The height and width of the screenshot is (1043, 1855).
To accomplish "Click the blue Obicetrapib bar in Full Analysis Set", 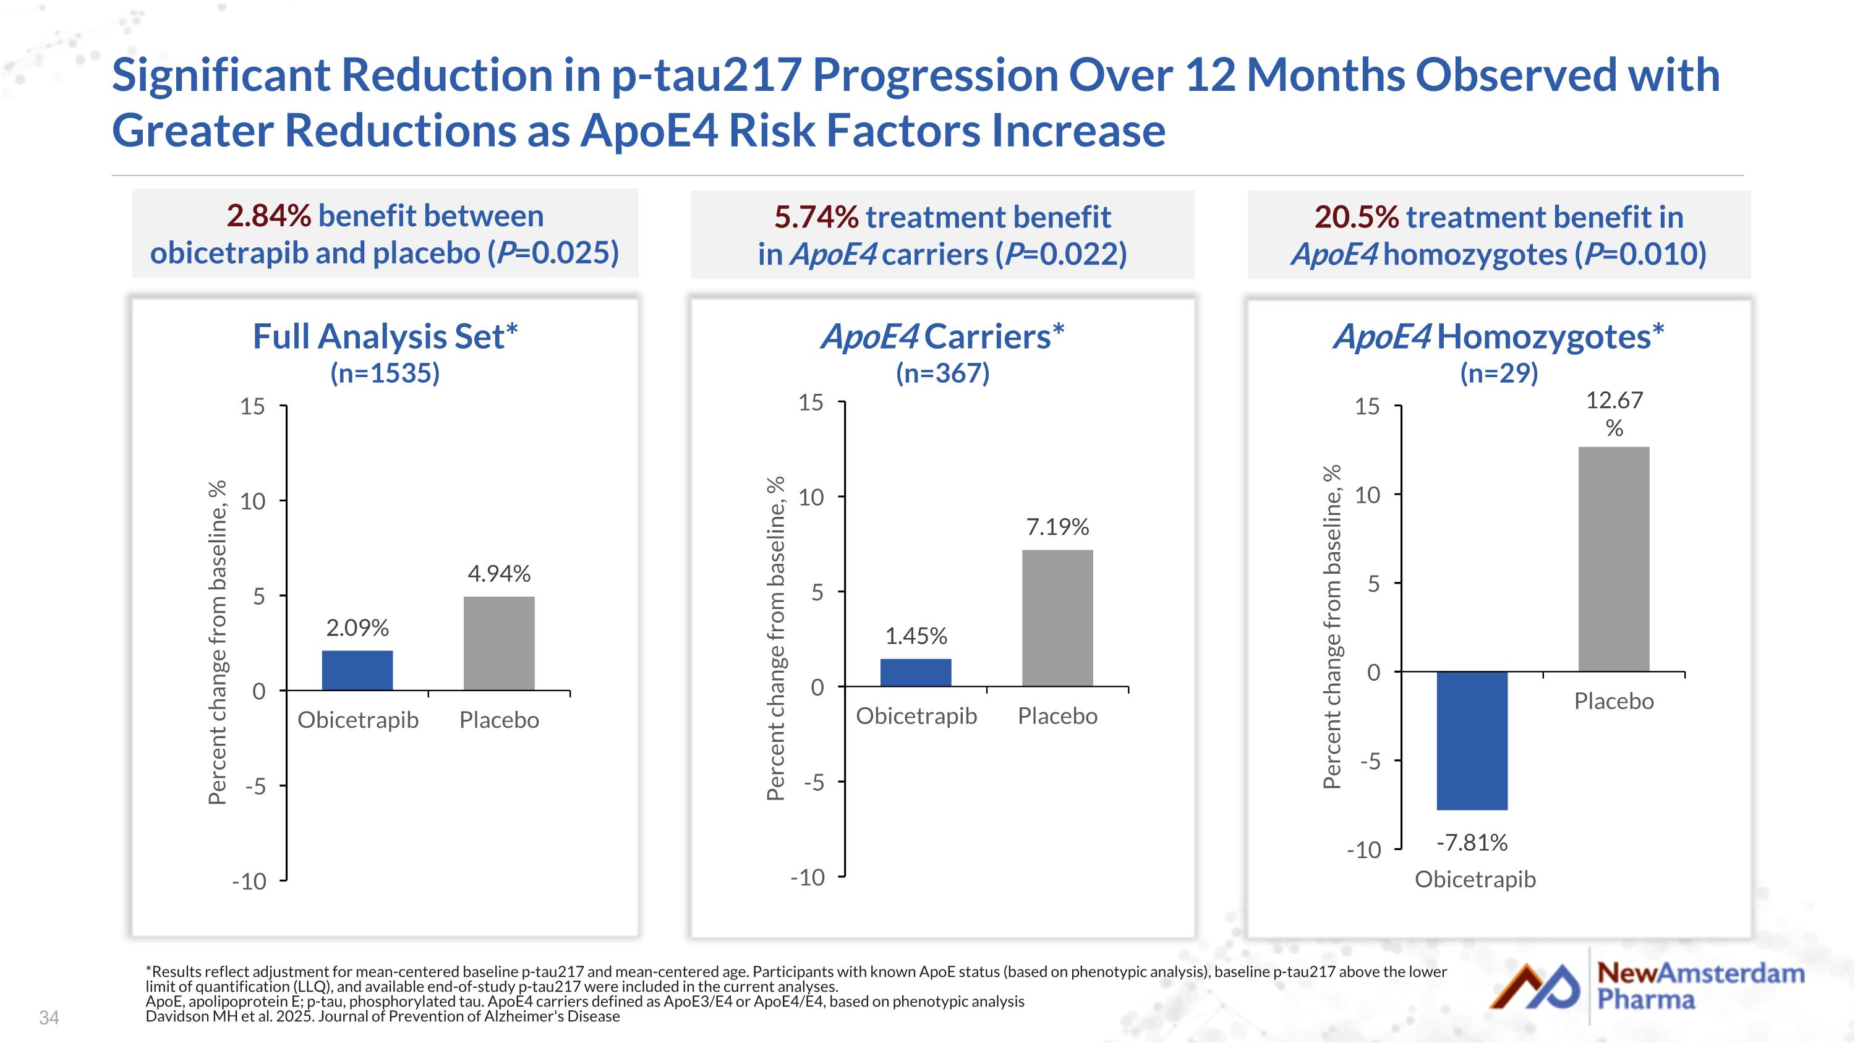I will pyautogui.click(x=357, y=670).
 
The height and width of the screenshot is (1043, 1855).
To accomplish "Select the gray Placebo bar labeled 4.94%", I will pyautogui.click(x=498, y=643).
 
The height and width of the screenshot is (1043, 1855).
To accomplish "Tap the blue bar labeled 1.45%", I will pyautogui.click(x=915, y=672).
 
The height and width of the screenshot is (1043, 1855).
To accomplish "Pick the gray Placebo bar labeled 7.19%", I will pyautogui.click(x=1057, y=618).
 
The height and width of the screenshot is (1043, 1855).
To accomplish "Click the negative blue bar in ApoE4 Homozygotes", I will pyautogui.click(x=1472, y=740).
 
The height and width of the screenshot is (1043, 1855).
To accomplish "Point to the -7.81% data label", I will pyautogui.click(x=1472, y=842).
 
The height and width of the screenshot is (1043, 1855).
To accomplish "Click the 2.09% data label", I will pyautogui.click(x=357, y=628).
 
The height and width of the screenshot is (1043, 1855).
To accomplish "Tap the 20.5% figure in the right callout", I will pyautogui.click(x=1356, y=216).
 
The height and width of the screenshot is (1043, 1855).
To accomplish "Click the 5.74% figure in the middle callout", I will pyautogui.click(x=816, y=216).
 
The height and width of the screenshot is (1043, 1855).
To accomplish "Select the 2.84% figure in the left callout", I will pyautogui.click(x=268, y=215).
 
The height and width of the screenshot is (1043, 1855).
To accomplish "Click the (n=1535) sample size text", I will pyautogui.click(x=385, y=373).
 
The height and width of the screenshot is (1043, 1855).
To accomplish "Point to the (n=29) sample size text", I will pyautogui.click(x=1499, y=373).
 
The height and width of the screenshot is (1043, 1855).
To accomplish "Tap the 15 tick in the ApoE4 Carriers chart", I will pyautogui.click(x=811, y=402).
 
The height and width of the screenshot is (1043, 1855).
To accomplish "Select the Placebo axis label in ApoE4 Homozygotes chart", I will pyautogui.click(x=1614, y=700).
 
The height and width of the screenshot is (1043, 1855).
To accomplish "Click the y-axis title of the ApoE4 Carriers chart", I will pyautogui.click(x=775, y=638).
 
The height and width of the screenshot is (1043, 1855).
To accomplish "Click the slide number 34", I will pyautogui.click(x=49, y=1017).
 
